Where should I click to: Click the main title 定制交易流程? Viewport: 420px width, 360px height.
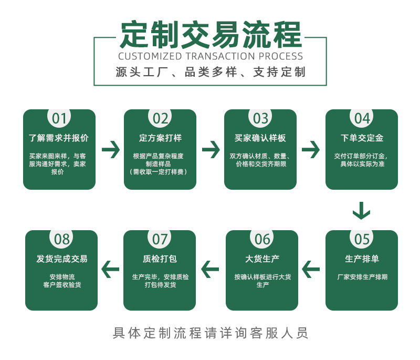pyautogui.click(x=210, y=35)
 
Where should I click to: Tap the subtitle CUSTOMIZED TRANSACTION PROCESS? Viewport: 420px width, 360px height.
pyautogui.click(x=210, y=56)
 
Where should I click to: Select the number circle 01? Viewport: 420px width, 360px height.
pyautogui.click(x=59, y=118)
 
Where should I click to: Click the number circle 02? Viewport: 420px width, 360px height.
pyautogui.click(x=160, y=118)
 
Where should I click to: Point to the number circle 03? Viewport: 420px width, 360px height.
pyautogui.click(x=260, y=118)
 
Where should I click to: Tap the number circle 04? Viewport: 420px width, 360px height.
pyautogui.click(x=362, y=118)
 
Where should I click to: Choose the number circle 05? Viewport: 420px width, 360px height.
pyautogui.click(x=362, y=239)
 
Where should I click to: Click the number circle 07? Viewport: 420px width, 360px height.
pyautogui.click(x=160, y=239)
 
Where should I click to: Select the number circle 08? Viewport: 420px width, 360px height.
pyautogui.click(x=61, y=239)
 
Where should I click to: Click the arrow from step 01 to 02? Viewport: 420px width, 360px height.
pyautogui.click(x=110, y=150)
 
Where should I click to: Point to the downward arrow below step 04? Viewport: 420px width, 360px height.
pyautogui.click(x=361, y=210)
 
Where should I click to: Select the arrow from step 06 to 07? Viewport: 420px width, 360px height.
pyautogui.click(x=210, y=270)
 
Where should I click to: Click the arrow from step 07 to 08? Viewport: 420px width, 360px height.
pyautogui.click(x=110, y=270)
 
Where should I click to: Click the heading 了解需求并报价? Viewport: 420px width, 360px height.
pyautogui.click(x=59, y=138)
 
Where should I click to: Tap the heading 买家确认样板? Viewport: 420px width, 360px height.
pyautogui.click(x=260, y=138)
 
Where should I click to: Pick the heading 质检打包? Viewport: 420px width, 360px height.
pyautogui.click(x=160, y=259)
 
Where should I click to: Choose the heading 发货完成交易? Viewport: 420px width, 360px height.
pyautogui.click(x=62, y=259)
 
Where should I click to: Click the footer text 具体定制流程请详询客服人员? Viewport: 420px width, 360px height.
pyautogui.click(x=210, y=333)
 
